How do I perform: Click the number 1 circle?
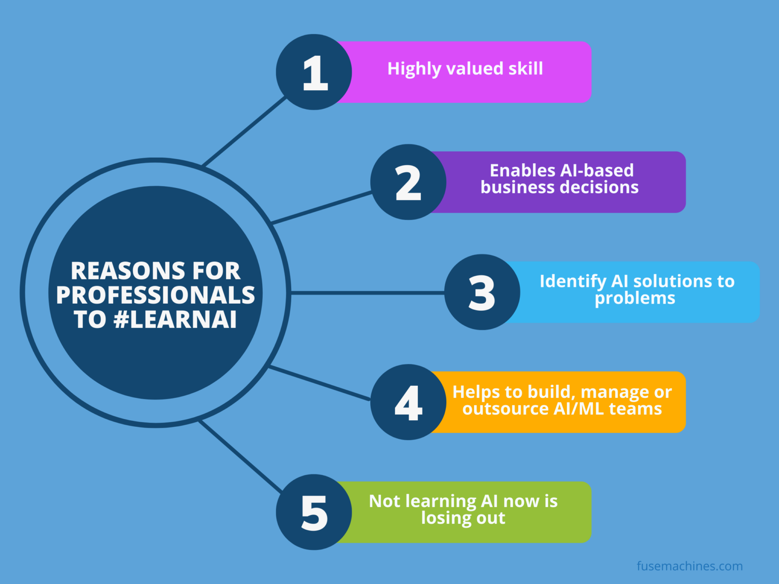pyautogui.click(x=314, y=72)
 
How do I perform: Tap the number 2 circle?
pyautogui.click(x=408, y=182)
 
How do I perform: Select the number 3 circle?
pyautogui.click(x=482, y=292)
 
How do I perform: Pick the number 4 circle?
pyautogui.click(x=408, y=402)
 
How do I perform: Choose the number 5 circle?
pyautogui.click(x=314, y=512)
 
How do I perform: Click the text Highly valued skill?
pyautogui.click(x=465, y=69)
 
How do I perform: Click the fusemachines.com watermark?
pyautogui.click(x=690, y=566)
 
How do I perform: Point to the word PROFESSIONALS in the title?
pyautogui.click(x=156, y=295)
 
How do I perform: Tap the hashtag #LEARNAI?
pyautogui.click(x=175, y=319)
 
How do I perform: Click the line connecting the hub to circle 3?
pyautogui.click(x=368, y=293)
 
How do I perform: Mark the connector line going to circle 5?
pyautogui.click(x=240, y=456)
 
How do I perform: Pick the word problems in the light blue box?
pyautogui.click(x=635, y=299)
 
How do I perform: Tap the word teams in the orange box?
pyautogui.click(x=635, y=409)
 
